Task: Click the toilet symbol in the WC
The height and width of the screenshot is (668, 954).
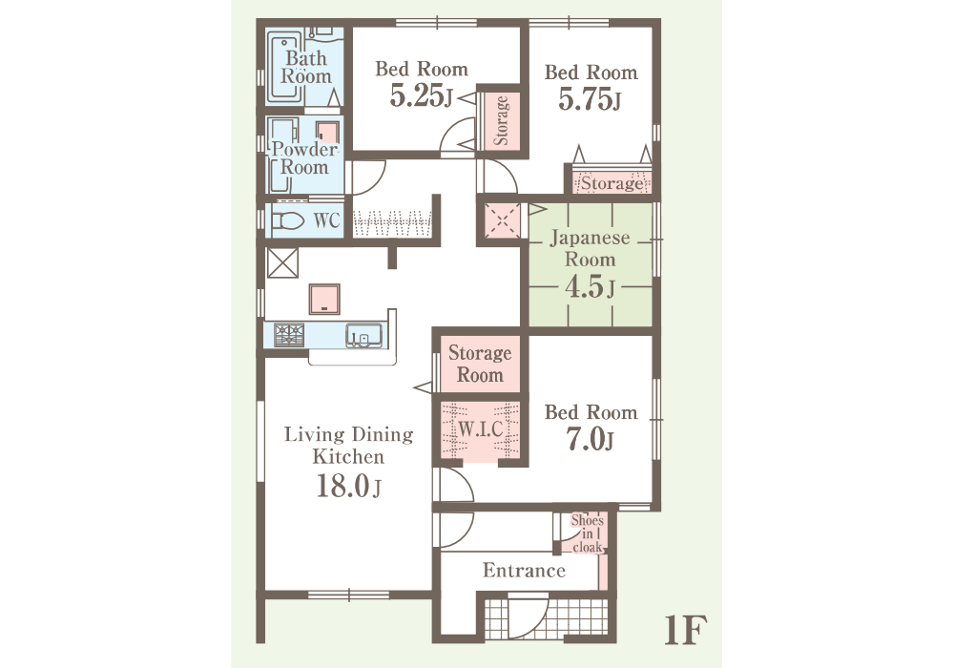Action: coord(288,220)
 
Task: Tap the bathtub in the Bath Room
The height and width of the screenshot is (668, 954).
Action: coord(284,71)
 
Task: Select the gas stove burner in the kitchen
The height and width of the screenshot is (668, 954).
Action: coord(289,335)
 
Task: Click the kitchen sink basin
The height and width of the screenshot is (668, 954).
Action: coord(363,335)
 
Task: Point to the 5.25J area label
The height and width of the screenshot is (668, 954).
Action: coord(422,95)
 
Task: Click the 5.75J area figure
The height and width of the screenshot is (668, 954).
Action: coord(590,99)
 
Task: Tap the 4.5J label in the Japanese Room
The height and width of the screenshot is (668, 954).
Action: coord(590,286)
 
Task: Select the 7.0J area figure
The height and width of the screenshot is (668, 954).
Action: coord(590,439)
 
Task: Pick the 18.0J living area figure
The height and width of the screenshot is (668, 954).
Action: coord(348,486)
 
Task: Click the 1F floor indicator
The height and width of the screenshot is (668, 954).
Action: coord(685,630)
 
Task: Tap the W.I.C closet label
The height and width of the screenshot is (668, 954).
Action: coord(481,428)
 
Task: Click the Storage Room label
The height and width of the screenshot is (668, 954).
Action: coord(480,364)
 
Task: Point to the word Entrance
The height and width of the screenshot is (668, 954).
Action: coord(524,571)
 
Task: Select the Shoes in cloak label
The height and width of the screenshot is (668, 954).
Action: coord(587,533)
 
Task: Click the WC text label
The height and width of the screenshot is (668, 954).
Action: coord(326,220)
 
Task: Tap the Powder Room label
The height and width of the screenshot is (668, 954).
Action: coord(304,157)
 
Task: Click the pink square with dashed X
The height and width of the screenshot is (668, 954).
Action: coord(502,220)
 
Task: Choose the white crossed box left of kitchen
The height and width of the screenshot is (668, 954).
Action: coord(283,262)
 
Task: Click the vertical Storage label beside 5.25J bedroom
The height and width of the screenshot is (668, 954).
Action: coord(501,120)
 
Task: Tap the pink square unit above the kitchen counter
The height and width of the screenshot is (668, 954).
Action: coord(324,300)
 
